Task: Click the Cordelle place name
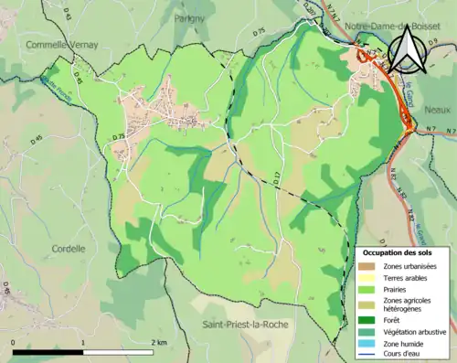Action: point(68,248)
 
